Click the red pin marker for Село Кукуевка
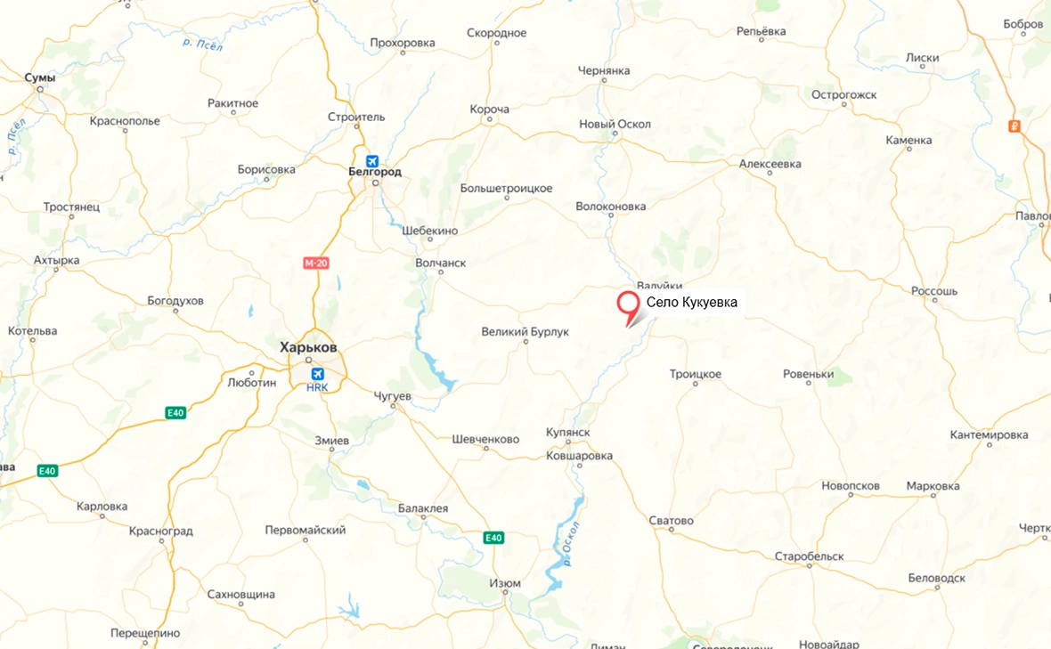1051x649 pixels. [x=628, y=304]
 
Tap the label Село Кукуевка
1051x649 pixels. [x=692, y=303]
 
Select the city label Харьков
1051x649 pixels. [x=308, y=347]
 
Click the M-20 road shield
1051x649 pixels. [x=316, y=263]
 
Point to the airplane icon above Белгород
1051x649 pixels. [x=372, y=160]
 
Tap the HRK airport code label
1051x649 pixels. [x=317, y=387]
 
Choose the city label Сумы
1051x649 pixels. [x=40, y=77]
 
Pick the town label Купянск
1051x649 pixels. [x=568, y=432]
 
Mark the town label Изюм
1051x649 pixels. [x=505, y=583]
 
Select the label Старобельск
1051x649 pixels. [x=809, y=556]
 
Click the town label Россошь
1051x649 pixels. [x=934, y=291]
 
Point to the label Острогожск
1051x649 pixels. [x=844, y=94]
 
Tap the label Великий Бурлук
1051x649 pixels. [x=525, y=332]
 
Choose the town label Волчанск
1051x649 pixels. [x=440, y=264]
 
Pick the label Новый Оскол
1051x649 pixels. [x=615, y=124]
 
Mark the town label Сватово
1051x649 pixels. [x=671, y=521]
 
